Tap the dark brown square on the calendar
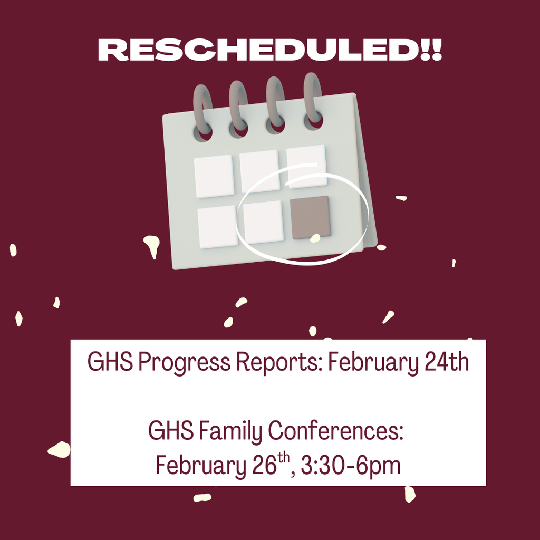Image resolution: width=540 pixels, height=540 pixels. (x=310, y=217)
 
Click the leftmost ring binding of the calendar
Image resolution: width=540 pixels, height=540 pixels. (x=202, y=112)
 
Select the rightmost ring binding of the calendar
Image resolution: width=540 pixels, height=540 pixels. (x=313, y=101)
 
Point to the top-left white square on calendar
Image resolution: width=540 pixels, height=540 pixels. (x=214, y=176)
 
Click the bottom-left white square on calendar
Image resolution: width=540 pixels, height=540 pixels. (x=218, y=227)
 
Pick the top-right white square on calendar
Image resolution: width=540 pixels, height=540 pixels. (x=306, y=167)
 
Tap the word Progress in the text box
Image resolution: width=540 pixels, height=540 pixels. (x=184, y=363)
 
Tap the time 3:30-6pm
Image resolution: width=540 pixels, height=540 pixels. (x=351, y=466)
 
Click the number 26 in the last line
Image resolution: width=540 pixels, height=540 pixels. (x=265, y=465)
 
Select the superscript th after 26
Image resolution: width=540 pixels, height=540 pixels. (x=284, y=459)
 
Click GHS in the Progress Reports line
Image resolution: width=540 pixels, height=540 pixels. (x=110, y=362)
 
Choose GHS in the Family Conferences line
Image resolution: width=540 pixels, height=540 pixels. (x=171, y=430)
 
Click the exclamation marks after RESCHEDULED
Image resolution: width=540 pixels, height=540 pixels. (x=431, y=50)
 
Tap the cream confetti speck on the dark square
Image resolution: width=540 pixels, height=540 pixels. (x=315, y=238)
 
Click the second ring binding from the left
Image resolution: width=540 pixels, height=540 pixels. (x=239, y=109)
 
